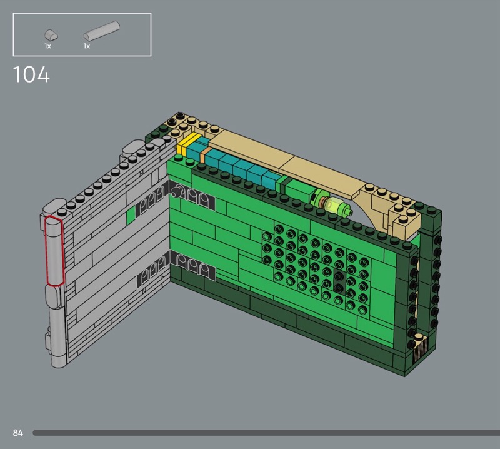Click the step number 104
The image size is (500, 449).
tap(31, 74)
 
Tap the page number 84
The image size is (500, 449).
tap(18, 433)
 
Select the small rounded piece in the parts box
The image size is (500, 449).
tap(51, 34)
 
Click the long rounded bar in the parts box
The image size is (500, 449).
tap(102, 31)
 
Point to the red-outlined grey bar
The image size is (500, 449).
tap(55, 251)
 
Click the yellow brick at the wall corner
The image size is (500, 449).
tap(187, 144)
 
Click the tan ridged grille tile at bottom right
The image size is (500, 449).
tap(420, 349)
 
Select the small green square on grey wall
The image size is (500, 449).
tap(131, 215)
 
